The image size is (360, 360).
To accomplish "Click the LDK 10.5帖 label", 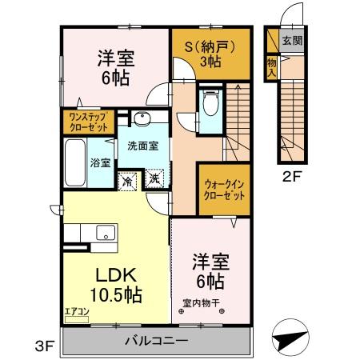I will point(110,283).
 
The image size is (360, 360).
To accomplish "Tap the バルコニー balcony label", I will point(156,342).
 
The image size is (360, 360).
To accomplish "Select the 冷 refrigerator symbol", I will point(127,180).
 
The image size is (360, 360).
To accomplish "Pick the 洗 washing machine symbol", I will point(154,180).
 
